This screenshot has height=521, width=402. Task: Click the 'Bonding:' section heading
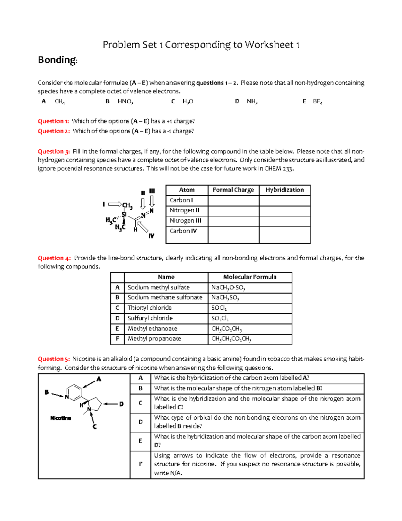point(58,60)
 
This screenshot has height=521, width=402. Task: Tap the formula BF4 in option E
point(317,101)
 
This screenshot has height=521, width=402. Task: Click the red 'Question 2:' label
point(54,131)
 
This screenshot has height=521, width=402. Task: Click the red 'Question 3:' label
point(54,151)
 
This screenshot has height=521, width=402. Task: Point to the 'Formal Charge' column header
point(233,190)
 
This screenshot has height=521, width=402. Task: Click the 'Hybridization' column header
point(284,190)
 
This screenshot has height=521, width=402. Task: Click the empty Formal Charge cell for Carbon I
point(233,201)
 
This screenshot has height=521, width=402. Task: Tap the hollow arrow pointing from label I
point(115,204)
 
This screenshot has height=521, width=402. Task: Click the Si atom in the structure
point(124,215)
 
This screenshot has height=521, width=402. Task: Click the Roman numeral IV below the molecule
point(151,236)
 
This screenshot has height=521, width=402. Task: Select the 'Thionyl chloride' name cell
point(149,308)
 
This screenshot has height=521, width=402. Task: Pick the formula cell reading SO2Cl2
point(220,318)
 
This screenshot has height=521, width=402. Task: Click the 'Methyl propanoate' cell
point(154,339)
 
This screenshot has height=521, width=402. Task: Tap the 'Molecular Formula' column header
point(250,277)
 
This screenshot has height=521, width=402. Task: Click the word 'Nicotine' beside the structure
point(61,418)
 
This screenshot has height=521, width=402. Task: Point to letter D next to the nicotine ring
point(121,404)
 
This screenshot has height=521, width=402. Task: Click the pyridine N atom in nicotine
point(67,397)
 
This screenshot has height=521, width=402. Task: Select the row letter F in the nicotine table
point(140,464)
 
